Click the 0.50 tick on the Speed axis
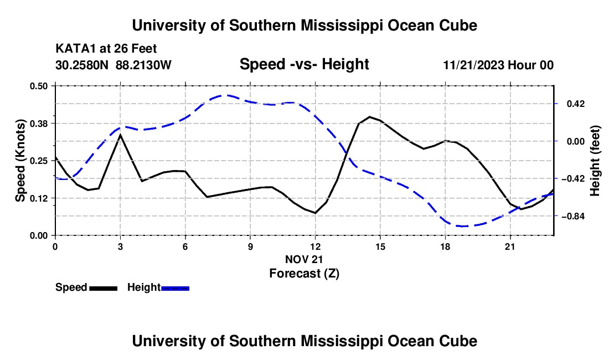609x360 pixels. tap(38, 86)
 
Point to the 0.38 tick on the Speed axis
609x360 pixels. tap(38, 124)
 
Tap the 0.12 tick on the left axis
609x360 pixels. tap(38, 198)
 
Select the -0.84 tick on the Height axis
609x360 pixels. tap(573, 217)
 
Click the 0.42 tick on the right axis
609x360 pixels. tap(576, 104)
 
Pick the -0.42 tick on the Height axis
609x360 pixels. tap(573, 179)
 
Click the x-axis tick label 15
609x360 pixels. tap(380, 246)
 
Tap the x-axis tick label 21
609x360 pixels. tap(510, 246)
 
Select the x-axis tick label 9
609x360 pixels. tap(250, 246)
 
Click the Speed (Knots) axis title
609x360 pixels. tap(20, 161)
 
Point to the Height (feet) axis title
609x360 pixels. tap(595, 161)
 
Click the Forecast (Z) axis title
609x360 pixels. tap(304, 274)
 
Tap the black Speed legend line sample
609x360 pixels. tap(104, 288)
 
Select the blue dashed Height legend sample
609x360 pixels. tap(175, 288)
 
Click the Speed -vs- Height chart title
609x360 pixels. tap(304, 64)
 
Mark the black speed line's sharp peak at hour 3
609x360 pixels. tap(120, 135)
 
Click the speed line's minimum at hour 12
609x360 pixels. tap(316, 213)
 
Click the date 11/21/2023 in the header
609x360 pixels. tap(473, 65)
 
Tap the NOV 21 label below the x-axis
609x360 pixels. tap(304, 259)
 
